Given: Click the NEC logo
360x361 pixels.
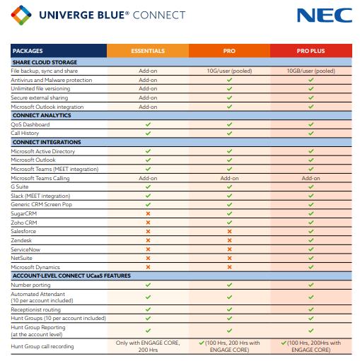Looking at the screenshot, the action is [x=324, y=16].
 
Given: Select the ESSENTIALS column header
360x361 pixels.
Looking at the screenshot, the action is [x=148, y=51].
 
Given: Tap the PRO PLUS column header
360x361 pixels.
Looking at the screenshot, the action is [x=310, y=51].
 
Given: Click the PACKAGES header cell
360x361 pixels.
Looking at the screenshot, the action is [x=28, y=51].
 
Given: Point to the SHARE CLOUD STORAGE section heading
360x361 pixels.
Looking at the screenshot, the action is [x=45, y=62].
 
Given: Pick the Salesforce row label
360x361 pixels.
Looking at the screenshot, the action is [x=24, y=231].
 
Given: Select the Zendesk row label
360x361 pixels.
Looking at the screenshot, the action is [x=22, y=240].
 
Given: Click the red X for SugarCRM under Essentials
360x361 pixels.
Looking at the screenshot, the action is [x=148, y=213].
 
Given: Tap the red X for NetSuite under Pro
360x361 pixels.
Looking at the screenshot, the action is [x=229, y=258].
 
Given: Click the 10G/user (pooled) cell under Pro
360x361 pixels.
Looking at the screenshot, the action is [x=229, y=71].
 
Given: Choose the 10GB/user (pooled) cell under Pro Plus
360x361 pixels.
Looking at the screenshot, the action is [x=310, y=71].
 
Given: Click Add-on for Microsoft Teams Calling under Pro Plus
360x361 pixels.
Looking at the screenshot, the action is [x=310, y=178].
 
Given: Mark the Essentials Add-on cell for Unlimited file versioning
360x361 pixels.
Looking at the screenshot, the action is [x=148, y=89].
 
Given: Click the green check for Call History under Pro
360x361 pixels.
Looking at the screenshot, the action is [x=229, y=133].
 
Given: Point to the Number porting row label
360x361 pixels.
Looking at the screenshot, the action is [x=30, y=285].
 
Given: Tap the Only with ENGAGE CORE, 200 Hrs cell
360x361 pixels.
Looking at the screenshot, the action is [x=148, y=346].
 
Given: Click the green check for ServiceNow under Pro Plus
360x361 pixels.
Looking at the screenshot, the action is [x=310, y=249].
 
